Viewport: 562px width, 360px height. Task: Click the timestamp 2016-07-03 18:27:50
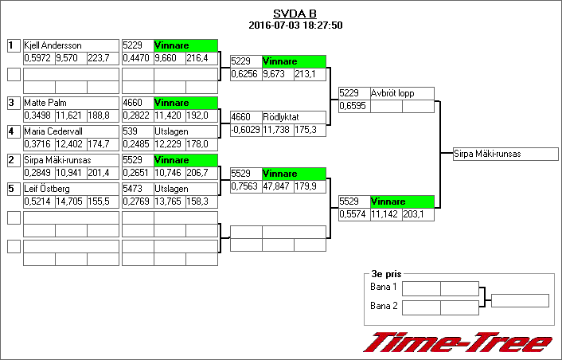[x=295, y=25]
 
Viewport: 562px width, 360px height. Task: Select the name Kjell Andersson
[x=53, y=45]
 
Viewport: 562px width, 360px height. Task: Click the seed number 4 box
[x=13, y=131]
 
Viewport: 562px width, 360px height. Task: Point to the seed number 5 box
[x=13, y=189]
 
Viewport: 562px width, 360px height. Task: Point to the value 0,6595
[x=353, y=106]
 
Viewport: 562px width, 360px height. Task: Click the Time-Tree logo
[x=459, y=342]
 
